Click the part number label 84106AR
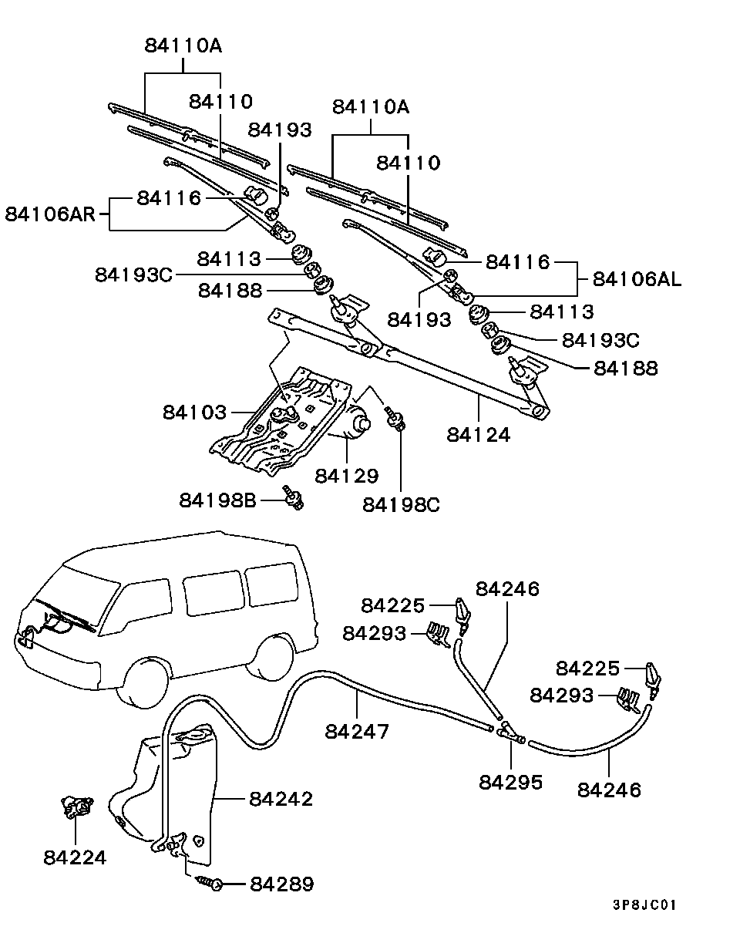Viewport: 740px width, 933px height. (50, 213)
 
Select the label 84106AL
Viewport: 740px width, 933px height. (637, 278)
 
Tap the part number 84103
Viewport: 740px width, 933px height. (194, 412)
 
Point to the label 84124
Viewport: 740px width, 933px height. (478, 435)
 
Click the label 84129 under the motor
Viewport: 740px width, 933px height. (347, 476)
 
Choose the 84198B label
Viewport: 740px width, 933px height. (217, 500)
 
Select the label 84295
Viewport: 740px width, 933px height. (510, 782)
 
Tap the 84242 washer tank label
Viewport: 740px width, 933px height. (281, 799)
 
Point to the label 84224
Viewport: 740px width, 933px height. (75, 857)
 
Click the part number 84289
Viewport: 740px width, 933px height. (281, 884)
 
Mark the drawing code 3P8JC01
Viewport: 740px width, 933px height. (644, 904)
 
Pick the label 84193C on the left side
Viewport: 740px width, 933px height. (134, 275)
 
